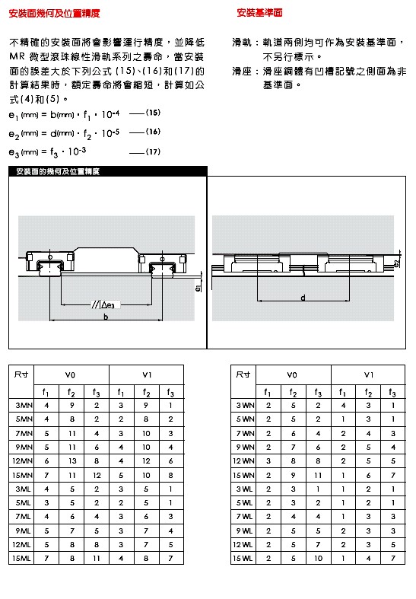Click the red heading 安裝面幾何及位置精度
tap(54, 14)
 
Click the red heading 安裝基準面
tap(259, 13)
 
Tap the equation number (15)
tap(153, 113)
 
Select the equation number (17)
tap(153, 151)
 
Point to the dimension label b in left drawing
tap(106, 317)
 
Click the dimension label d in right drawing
tap(303, 297)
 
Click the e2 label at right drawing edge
tap(397, 263)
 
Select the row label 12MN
tap(22, 461)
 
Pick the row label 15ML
tap(21, 558)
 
